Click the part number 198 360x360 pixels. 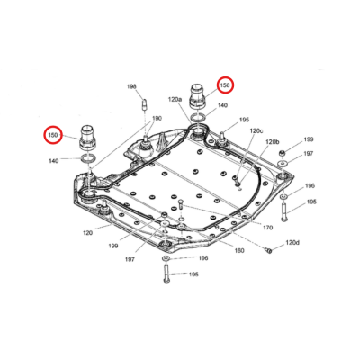[132, 86]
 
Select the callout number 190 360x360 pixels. [157, 118]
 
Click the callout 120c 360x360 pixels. [256, 130]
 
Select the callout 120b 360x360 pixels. [272, 142]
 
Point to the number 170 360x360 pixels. [267, 229]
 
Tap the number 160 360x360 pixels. [239, 251]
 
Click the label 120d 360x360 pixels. [292, 243]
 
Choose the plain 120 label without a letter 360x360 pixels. [88, 233]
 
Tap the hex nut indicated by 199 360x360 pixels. [283, 157]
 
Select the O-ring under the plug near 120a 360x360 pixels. [196, 116]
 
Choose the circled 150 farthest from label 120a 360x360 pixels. [54, 136]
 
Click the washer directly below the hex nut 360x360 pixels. [283, 171]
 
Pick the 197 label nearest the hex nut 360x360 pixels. [309, 154]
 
